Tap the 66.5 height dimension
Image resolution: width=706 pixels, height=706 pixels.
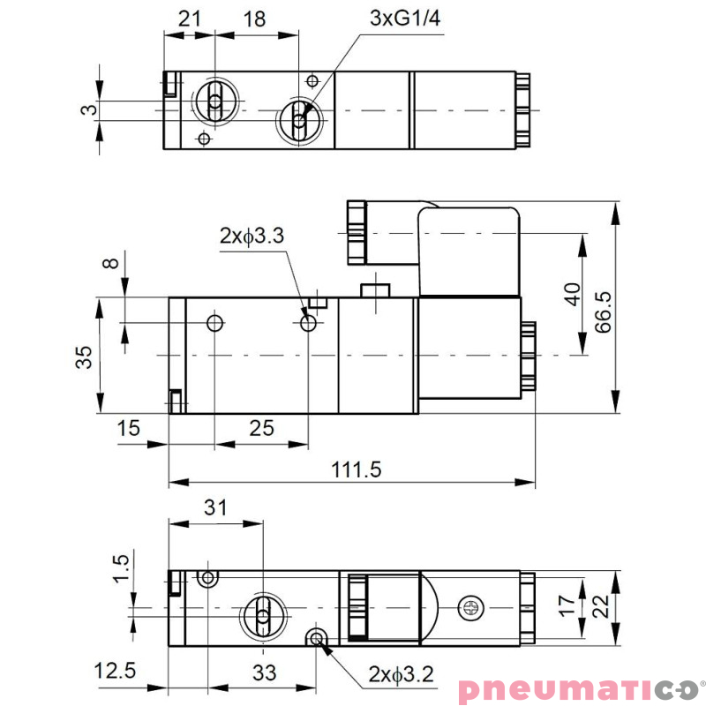(x=604, y=310)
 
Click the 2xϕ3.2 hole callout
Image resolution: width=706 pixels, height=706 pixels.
(x=401, y=675)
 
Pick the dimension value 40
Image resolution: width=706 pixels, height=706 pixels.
(x=572, y=294)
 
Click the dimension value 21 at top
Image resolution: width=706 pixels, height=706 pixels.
(x=189, y=19)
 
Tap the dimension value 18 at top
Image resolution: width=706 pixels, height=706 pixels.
(x=254, y=19)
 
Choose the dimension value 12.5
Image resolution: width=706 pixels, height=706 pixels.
(x=116, y=671)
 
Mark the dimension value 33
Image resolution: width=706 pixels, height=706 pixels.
(x=264, y=672)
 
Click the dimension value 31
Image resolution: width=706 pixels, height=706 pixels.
(x=215, y=507)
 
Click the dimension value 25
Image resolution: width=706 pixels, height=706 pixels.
(x=261, y=428)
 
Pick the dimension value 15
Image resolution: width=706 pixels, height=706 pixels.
(x=129, y=428)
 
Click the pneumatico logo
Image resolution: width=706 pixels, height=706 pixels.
(x=578, y=687)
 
